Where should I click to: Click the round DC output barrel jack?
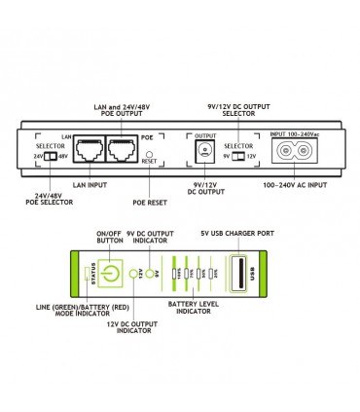point(203,150)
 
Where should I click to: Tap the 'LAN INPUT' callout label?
point(91,184)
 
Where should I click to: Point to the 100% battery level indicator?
point(176,274)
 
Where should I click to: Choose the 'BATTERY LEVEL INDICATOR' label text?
point(198,308)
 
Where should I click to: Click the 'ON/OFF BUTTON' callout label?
point(108,237)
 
